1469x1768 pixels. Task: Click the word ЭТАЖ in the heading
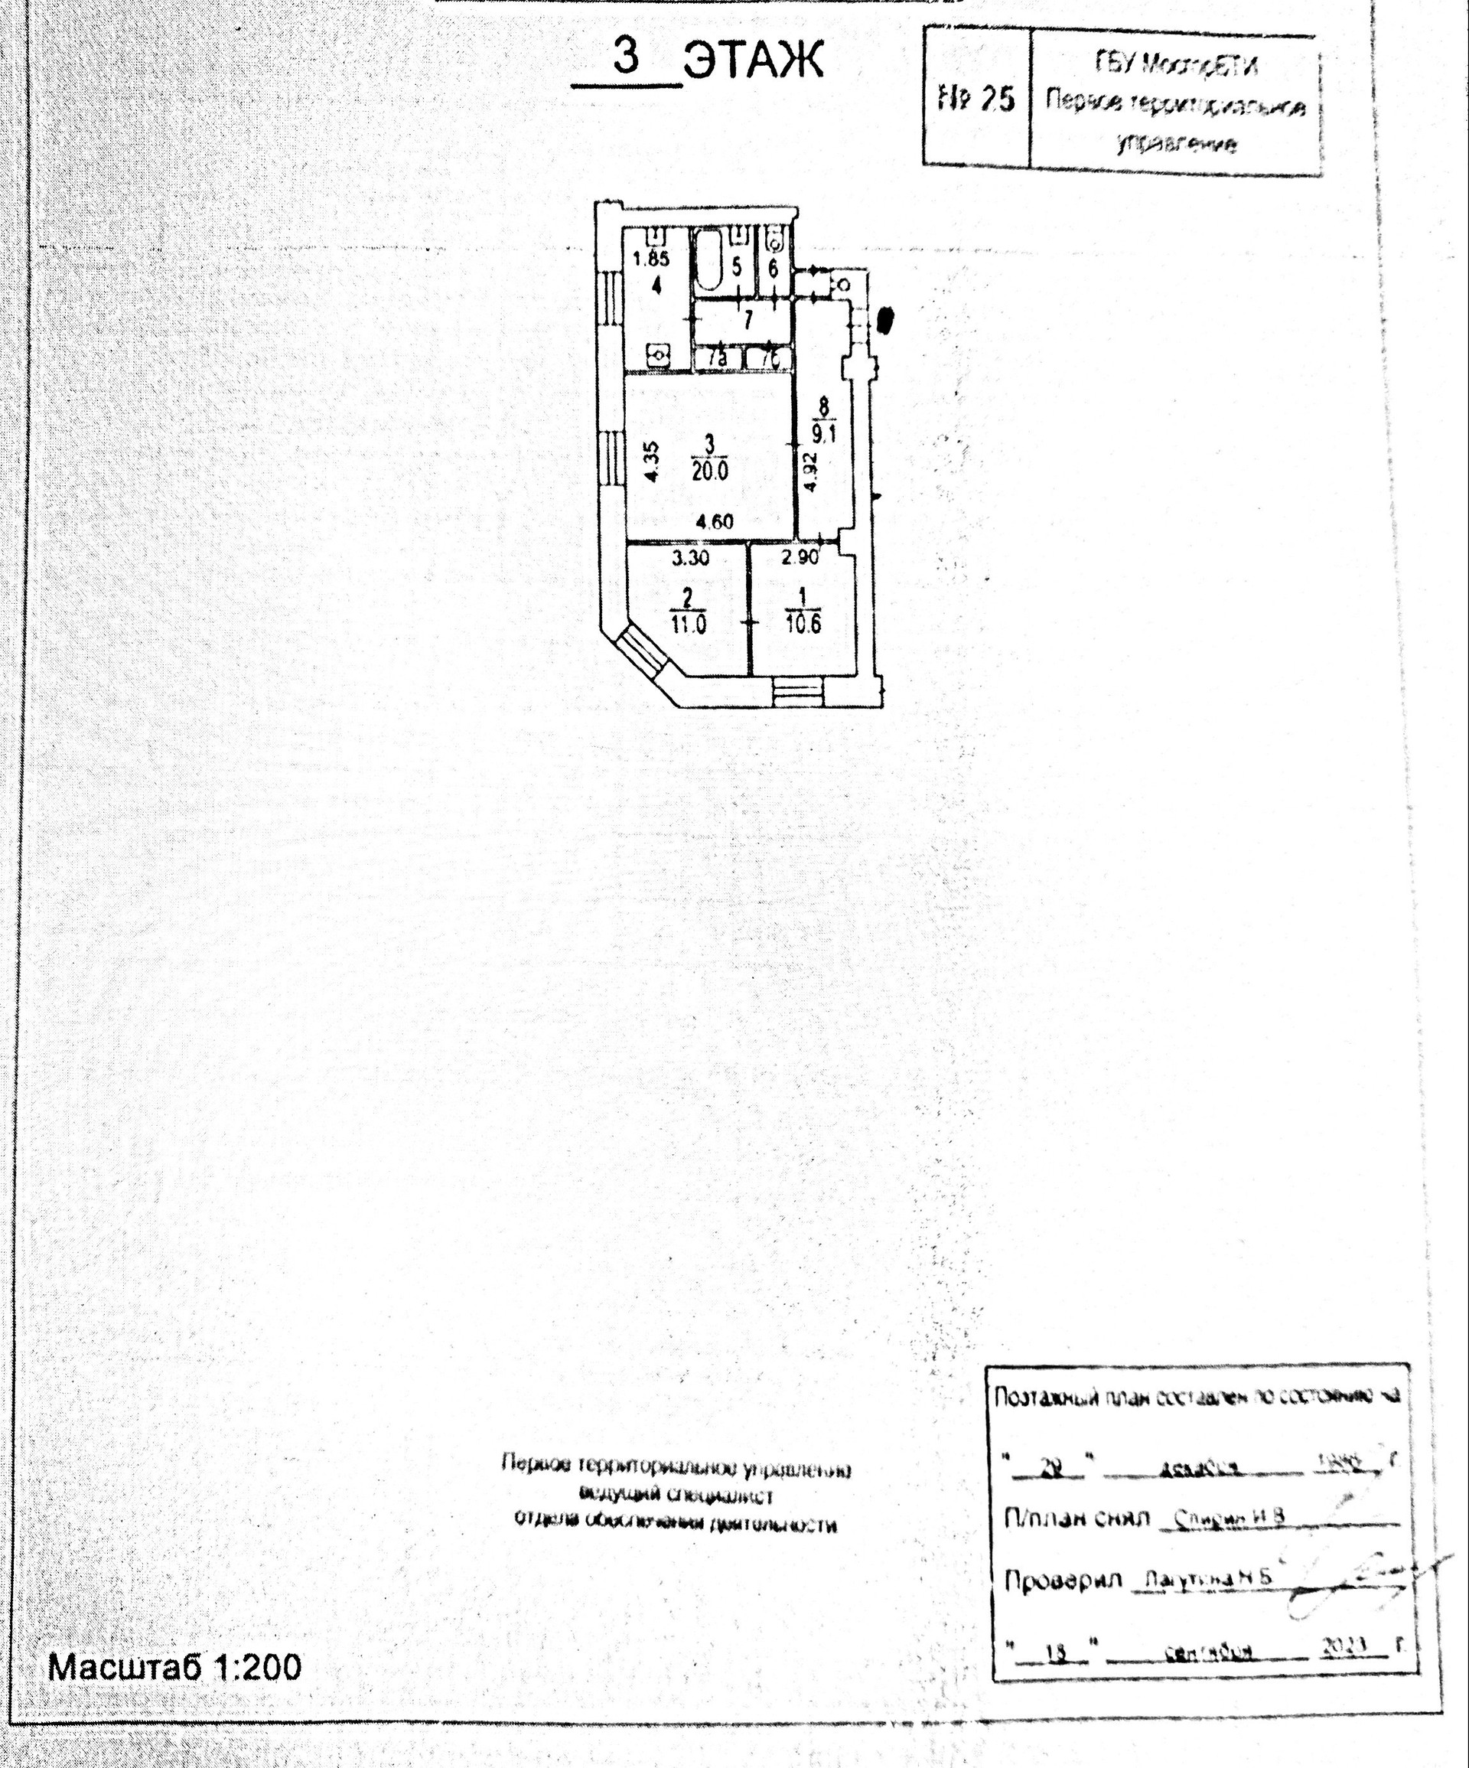pyautogui.click(x=754, y=61)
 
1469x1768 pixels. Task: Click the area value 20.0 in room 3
pyautogui.click(x=711, y=471)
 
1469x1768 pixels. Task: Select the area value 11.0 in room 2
pyautogui.click(x=689, y=625)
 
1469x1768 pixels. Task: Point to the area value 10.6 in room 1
pyautogui.click(x=803, y=625)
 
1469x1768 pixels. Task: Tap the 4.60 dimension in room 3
pyautogui.click(x=714, y=522)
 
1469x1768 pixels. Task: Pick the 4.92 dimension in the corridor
pyautogui.click(x=809, y=472)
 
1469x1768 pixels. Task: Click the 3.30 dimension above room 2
pyautogui.click(x=691, y=556)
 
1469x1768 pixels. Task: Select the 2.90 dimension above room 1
pyautogui.click(x=800, y=556)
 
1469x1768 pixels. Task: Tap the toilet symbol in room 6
pyautogui.click(x=775, y=240)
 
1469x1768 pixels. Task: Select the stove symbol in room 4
pyautogui.click(x=657, y=356)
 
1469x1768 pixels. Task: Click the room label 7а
pyautogui.click(x=717, y=359)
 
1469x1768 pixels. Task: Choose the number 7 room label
pyautogui.click(x=747, y=321)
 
